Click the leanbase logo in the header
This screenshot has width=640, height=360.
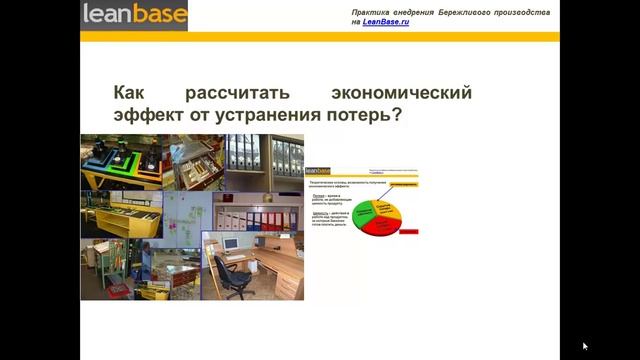click(x=133, y=16)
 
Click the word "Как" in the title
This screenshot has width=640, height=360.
click(x=130, y=93)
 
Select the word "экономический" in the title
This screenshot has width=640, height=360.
click(x=400, y=93)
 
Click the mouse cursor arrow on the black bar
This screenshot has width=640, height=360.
click(x=585, y=346)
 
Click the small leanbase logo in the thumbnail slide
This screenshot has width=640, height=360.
click(x=317, y=170)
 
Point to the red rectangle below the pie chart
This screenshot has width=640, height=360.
click(x=408, y=231)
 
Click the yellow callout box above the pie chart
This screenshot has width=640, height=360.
click(x=402, y=185)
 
